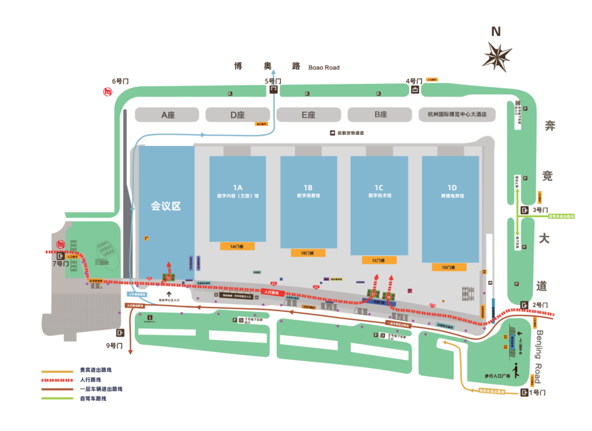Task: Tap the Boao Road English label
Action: tap(323, 67)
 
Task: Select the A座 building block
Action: tap(167, 115)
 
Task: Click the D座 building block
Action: tap(237, 115)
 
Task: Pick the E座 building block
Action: tap(308, 115)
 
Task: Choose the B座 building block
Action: tap(380, 115)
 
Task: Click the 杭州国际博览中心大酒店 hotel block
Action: tap(457, 115)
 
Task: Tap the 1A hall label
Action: tap(237, 188)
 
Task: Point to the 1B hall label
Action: tap(308, 188)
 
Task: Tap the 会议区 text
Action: tap(166, 206)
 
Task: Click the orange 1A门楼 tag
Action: tap(237, 246)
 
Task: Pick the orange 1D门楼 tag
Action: tap(449, 267)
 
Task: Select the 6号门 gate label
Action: tap(120, 81)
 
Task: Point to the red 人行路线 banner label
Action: tap(272, 292)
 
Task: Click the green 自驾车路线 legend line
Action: tap(58, 398)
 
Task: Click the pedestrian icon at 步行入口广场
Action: tap(515, 370)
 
